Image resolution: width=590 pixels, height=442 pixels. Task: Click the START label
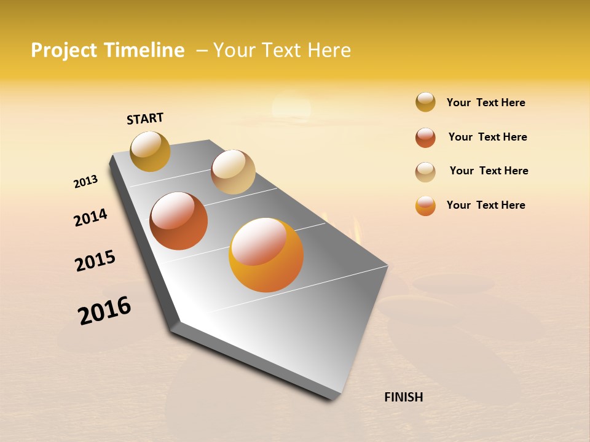[145, 118]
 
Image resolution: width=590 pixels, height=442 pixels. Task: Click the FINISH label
[403, 397]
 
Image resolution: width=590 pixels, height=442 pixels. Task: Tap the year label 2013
[85, 182]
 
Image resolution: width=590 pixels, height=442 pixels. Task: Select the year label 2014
[90, 217]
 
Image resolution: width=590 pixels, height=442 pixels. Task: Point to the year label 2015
[95, 260]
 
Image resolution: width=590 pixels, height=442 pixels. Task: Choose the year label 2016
[104, 311]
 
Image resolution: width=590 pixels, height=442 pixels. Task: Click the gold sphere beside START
[150, 151]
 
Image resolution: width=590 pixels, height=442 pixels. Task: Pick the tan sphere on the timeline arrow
[233, 172]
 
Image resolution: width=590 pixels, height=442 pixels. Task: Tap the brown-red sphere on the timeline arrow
[179, 221]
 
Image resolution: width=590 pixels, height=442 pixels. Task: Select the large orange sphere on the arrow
[266, 255]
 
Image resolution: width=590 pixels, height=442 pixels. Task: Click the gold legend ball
[425, 102]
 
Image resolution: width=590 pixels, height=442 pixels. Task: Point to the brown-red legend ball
[425, 138]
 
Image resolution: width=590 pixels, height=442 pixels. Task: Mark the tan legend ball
[425, 172]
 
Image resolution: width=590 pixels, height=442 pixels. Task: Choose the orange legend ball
[425, 206]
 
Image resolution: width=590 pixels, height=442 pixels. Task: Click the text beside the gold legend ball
[486, 103]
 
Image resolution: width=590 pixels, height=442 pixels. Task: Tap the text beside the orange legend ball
[486, 205]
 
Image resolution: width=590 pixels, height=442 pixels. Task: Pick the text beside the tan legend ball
[489, 171]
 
